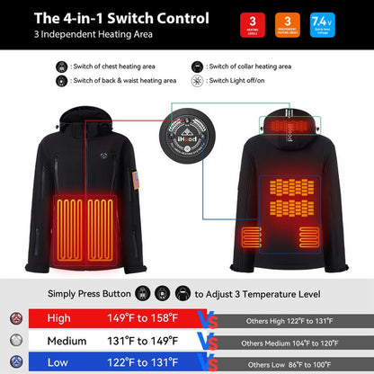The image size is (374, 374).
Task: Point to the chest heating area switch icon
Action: click(62, 67)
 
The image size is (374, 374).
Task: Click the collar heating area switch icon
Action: click(197, 67)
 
